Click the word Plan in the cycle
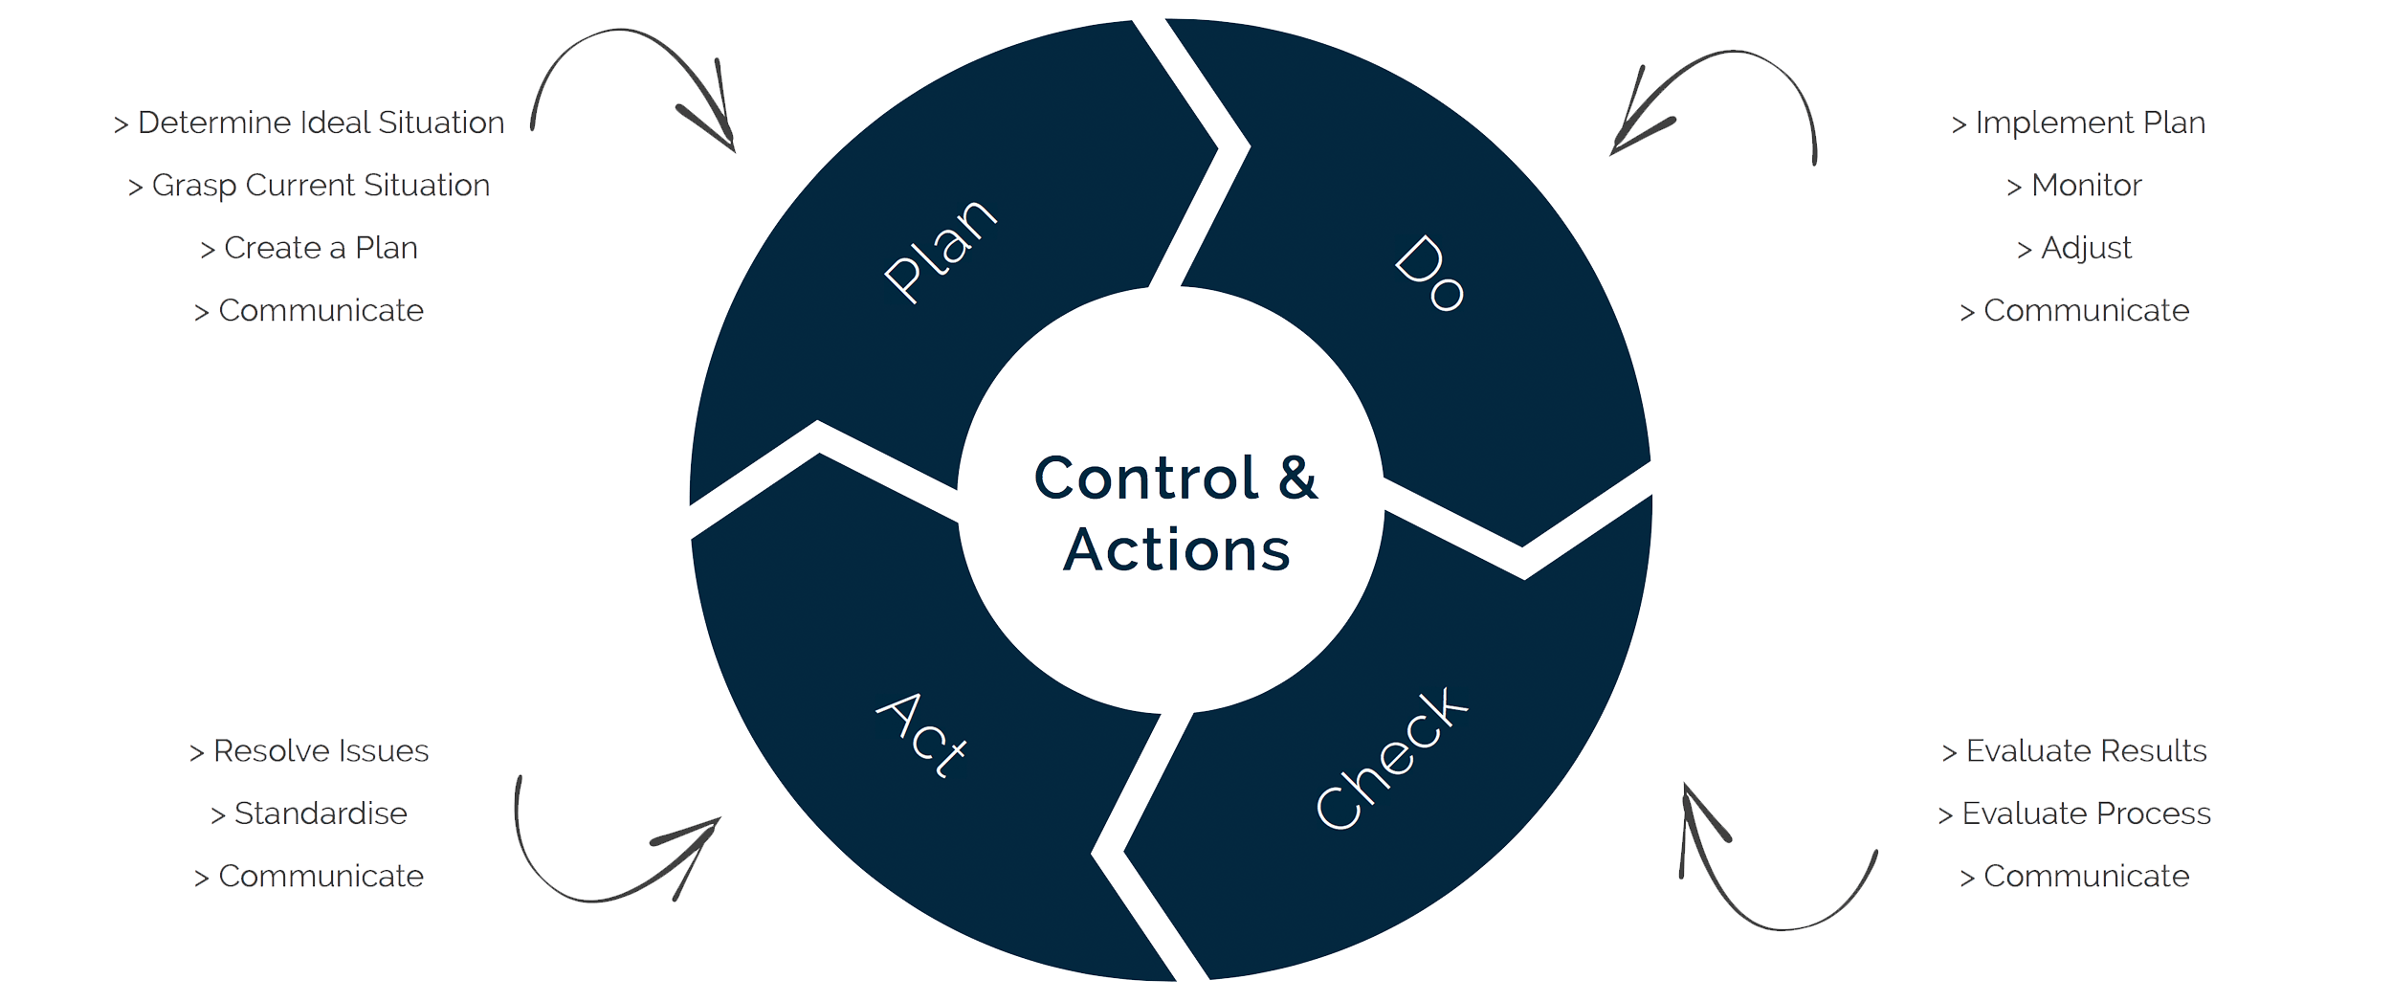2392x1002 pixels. (x=940, y=251)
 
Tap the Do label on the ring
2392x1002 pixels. (x=1429, y=274)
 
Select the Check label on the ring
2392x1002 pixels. (x=1391, y=758)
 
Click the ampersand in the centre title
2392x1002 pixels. (x=1298, y=478)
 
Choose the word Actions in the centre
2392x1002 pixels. (x=1177, y=550)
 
